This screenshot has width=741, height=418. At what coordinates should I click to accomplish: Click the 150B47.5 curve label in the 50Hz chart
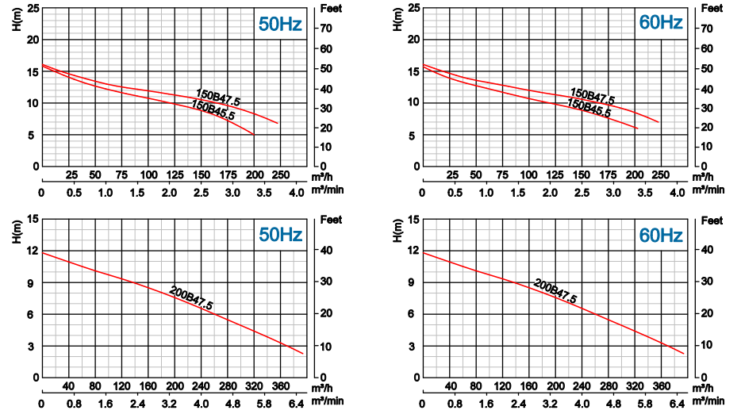coord(218,98)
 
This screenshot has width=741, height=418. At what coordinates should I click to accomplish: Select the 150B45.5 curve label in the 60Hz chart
coord(589,108)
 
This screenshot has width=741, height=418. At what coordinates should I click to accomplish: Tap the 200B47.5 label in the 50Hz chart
coord(191,298)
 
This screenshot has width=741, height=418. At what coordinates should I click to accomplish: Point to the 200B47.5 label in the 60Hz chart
coord(555,291)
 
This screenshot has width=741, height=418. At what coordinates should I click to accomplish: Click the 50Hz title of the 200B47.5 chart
coord(280,235)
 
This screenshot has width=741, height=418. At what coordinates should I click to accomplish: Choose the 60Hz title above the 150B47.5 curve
coord(661,22)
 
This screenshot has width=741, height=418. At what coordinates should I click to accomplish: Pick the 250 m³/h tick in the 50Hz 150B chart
coord(281,174)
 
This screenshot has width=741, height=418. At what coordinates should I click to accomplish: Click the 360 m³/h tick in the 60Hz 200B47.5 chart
coord(662,386)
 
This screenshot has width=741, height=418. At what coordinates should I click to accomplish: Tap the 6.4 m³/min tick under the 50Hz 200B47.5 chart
coord(296,404)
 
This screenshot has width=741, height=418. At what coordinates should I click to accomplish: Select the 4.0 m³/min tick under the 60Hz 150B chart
coord(678,193)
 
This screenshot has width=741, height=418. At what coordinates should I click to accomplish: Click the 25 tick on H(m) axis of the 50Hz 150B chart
coord(33,8)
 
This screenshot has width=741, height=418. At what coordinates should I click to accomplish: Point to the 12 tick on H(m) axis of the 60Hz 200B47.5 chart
coord(413,251)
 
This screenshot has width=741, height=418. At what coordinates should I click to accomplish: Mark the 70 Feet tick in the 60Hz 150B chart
coord(707,29)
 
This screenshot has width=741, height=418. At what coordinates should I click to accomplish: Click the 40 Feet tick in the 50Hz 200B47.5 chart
coord(327,251)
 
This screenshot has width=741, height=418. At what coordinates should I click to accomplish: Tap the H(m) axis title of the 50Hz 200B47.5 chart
coord(17,232)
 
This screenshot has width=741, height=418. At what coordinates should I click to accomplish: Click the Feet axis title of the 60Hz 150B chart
coord(712,9)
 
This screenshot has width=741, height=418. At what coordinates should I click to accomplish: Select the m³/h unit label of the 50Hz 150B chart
coord(322,178)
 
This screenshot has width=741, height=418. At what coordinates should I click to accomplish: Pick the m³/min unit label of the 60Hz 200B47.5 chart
coord(708,401)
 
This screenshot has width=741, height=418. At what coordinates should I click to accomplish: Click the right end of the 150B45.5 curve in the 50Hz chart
coord(254,135)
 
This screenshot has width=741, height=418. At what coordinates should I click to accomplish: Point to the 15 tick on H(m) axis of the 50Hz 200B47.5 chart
coord(33,219)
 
